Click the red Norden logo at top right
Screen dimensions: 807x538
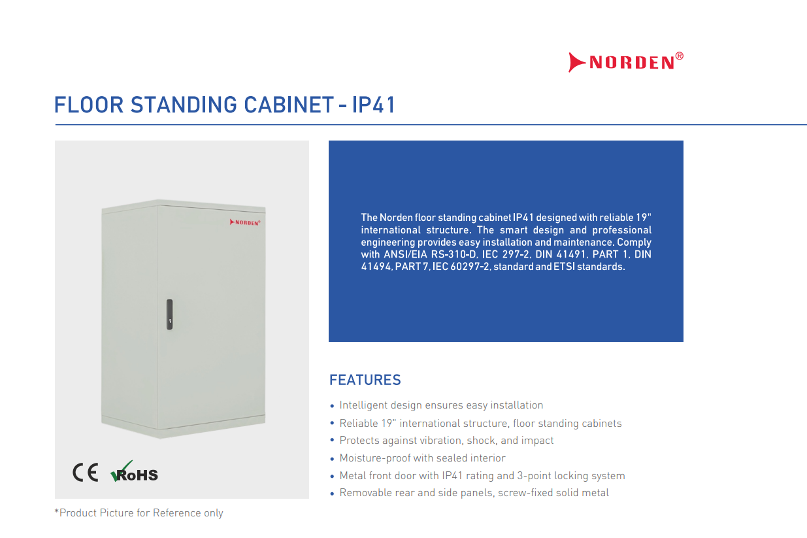click(626, 62)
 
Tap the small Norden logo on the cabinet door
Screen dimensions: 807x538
click(245, 222)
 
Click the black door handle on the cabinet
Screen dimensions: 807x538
click(169, 314)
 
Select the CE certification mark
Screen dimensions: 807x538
click(86, 473)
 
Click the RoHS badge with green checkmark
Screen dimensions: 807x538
click(134, 471)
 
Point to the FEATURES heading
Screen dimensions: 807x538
click(365, 380)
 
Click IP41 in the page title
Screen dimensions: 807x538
click(374, 105)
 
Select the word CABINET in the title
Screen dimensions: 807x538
click(289, 105)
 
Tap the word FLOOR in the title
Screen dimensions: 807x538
click(89, 105)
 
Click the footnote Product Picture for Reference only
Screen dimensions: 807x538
click(139, 513)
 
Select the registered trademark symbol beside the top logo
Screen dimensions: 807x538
click(679, 56)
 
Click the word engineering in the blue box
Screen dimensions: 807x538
click(387, 243)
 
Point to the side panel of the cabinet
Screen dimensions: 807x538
click(129, 317)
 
